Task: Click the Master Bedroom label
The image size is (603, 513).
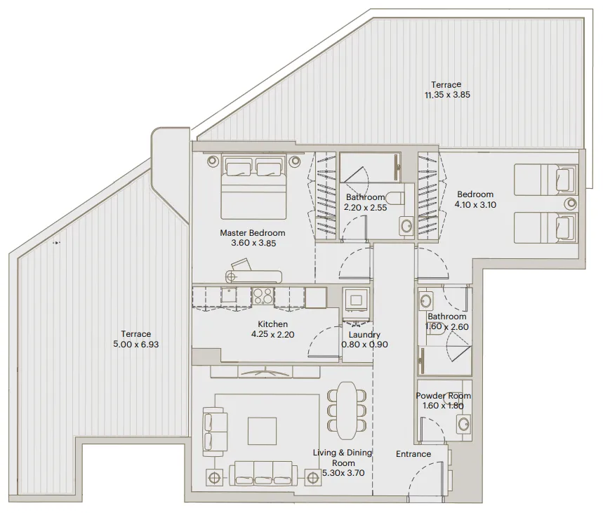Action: pos(253,233)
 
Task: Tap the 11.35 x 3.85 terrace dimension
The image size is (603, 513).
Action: pos(446,95)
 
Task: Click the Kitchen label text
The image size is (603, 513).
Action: pos(272,324)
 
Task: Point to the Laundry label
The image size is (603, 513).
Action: pos(364,335)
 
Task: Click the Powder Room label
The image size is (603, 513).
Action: pos(443,396)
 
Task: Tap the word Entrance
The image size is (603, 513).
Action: pos(413,454)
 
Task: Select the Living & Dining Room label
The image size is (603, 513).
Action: pos(343,458)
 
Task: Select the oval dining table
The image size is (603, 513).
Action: pos(347,410)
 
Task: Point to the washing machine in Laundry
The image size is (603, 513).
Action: pos(356,300)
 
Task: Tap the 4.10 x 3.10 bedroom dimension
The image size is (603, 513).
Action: pos(475,204)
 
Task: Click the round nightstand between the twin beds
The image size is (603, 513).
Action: pos(569,204)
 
